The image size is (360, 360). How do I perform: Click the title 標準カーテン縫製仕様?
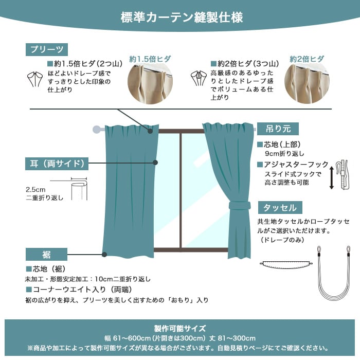[x=182, y=17]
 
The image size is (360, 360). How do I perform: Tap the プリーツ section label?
[x=47, y=49]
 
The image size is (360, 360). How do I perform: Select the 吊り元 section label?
[x=278, y=129]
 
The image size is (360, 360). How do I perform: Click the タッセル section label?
[x=280, y=208]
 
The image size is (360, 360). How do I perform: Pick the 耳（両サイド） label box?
[x=57, y=164]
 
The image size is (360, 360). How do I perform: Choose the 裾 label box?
[x=46, y=255]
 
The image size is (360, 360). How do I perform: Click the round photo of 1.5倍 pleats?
[x=150, y=83]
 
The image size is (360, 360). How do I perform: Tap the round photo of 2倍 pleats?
[x=307, y=83]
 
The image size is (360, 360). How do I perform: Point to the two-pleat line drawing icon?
[x=35, y=79]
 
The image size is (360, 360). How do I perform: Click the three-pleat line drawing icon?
[x=199, y=78]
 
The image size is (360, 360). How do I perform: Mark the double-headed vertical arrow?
[x=331, y=178]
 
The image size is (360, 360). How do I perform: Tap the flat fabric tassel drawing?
[x=286, y=265]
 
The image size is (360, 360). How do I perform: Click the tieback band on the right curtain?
[x=239, y=205]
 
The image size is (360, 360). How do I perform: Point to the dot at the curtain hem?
[x=104, y=255]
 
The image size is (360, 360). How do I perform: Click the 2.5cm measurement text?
[x=35, y=190]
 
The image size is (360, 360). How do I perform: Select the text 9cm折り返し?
[x=285, y=154]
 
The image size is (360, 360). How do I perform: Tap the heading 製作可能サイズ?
[x=180, y=329]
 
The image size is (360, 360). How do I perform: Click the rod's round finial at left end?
[x=97, y=129]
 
